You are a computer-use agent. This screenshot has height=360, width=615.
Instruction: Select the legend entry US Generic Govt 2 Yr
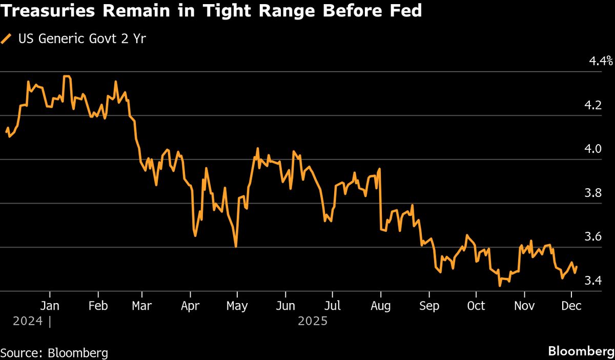point(81,39)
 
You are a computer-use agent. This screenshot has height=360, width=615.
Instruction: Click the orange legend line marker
point(7,39)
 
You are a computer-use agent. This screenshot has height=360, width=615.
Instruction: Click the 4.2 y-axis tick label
point(593,106)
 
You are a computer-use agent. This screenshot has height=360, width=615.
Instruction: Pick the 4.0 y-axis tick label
point(593,149)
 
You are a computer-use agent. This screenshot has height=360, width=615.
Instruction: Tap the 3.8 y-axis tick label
point(593,193)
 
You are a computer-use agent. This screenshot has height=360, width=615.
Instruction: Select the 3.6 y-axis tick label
point(593,237)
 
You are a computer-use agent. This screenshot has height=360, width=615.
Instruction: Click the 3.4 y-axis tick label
point(593,281)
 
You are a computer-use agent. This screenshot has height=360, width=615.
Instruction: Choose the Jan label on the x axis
point(50,306)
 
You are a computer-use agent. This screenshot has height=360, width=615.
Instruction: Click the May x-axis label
point(237,306)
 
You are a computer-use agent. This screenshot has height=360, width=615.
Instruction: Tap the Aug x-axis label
point(380,306)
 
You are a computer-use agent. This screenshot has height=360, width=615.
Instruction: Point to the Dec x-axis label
point(571,306)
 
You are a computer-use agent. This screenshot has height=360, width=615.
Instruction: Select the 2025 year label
point(312,322)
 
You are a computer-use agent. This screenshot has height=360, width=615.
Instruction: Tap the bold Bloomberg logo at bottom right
point(580,352)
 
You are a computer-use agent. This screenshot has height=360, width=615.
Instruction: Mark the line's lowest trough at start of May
point(236,247)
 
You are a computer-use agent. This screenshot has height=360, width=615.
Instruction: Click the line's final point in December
point(577,267)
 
